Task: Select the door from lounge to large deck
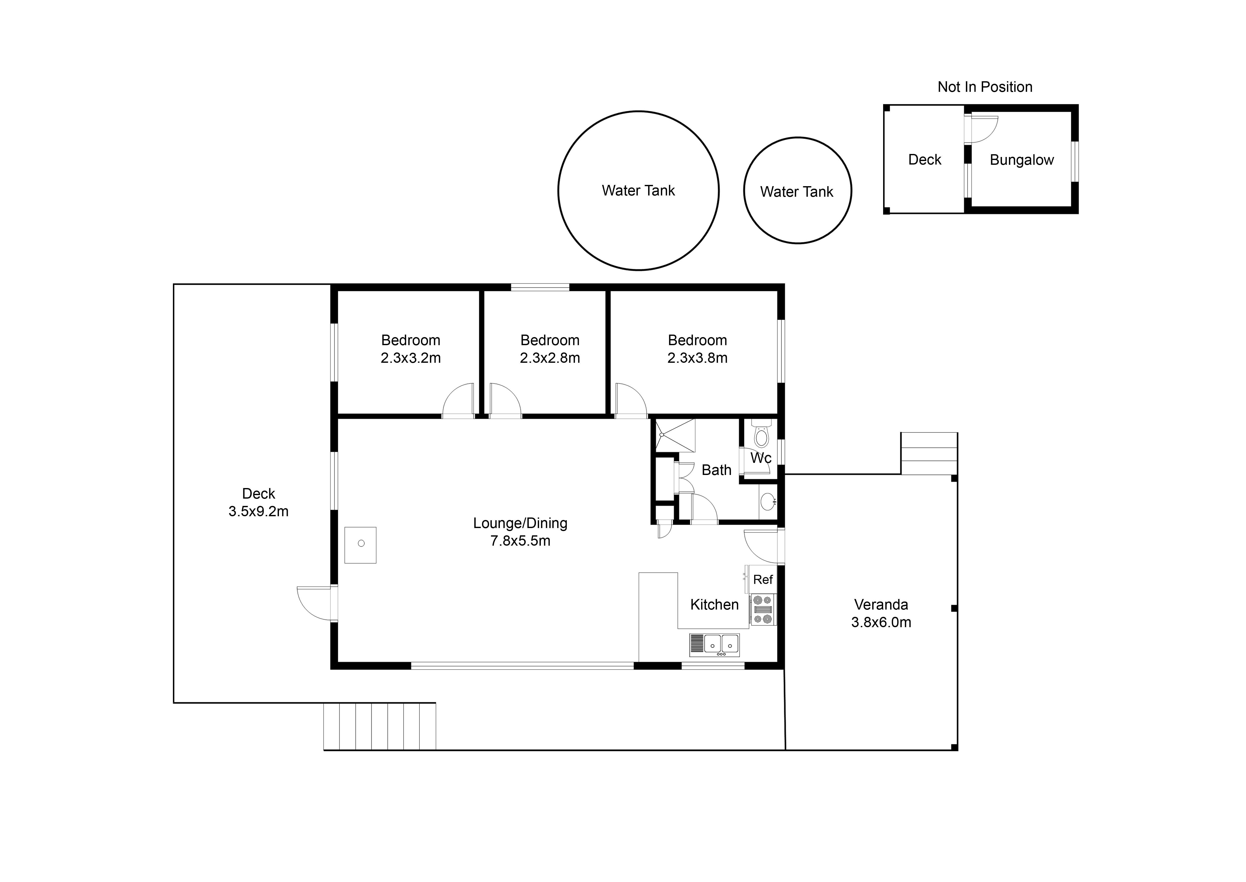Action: point(315,603)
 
